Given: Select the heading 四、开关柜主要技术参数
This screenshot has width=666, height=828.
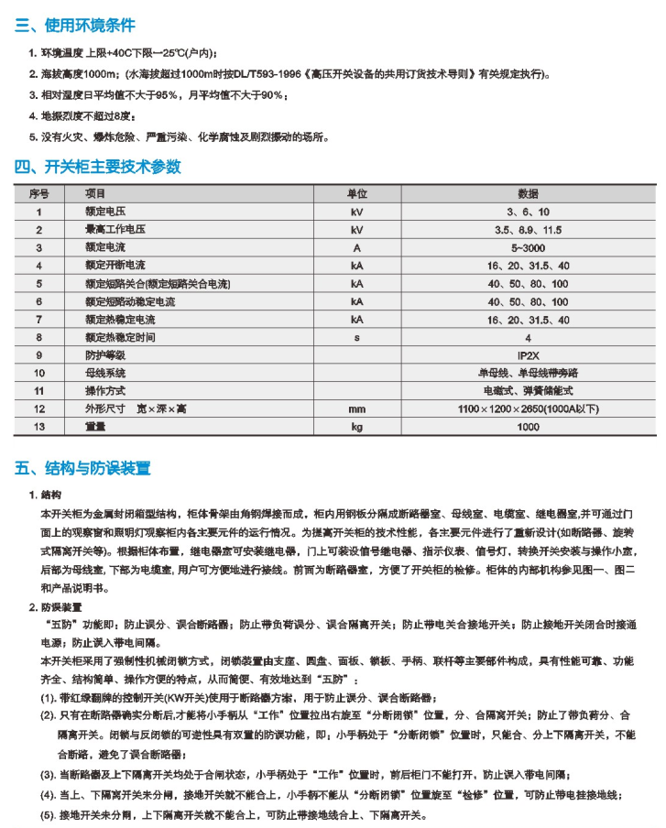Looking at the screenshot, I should click(97, 167).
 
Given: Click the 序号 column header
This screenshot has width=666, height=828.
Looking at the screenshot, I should click(38, 194).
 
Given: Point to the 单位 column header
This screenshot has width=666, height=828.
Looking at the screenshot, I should click(356, 194).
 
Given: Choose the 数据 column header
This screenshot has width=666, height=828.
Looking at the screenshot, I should click(528, 194).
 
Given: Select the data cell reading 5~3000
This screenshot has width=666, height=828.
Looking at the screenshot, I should click(528, 247).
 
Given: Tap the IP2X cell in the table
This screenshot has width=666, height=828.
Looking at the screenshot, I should click(528, 355).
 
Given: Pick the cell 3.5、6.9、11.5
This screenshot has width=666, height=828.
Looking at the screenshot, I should click(528, 229).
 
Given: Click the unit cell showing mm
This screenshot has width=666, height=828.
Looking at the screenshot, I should click(356, 409).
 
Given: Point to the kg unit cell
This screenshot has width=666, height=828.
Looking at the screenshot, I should click(356, 427).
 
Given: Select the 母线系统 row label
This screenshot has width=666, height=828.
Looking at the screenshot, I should click(104, 373).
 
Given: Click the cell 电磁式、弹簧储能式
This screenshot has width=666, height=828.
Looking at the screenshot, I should click(528, 391).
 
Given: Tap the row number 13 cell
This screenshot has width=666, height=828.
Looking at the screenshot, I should click(38, 427).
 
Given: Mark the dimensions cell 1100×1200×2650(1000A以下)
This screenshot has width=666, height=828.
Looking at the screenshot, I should click(528, 409).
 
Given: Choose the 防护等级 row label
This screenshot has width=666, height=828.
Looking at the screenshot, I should click(104, 355).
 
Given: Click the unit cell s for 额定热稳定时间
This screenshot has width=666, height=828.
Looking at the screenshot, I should click(356, 337).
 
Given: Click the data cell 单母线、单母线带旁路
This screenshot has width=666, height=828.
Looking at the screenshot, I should click(528, 373).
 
